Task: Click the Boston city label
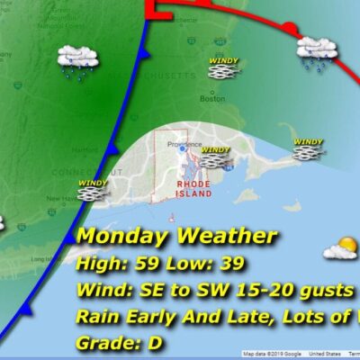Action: tap(212, 100)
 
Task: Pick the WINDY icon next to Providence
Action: tap(215, 157)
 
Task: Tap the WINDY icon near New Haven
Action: tap(94, 188)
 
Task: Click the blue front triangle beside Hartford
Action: tap(111, 148)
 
